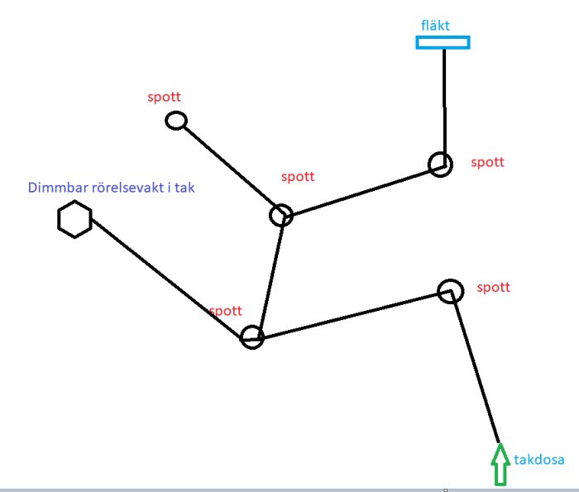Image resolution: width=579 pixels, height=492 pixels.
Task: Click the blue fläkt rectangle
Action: coord(443,37)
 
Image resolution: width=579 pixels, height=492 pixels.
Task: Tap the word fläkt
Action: coord(435,26)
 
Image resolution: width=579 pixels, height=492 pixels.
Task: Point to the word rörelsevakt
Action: coord(127,188)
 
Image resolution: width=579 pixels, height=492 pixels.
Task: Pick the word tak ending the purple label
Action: coord(184,188)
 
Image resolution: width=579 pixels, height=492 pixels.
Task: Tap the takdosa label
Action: coord(539,460)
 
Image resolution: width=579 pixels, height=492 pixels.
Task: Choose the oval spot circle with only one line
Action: coord(167,121)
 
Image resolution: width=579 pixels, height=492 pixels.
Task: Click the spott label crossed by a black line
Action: coord(226,311)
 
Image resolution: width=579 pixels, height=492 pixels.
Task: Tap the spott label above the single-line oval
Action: coord(164,97)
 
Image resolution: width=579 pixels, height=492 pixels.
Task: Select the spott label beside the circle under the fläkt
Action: coord(487,162)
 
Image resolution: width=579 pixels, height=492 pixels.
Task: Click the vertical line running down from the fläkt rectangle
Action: coord(444,107)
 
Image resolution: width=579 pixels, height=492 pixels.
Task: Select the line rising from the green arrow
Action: coord(475,367)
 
